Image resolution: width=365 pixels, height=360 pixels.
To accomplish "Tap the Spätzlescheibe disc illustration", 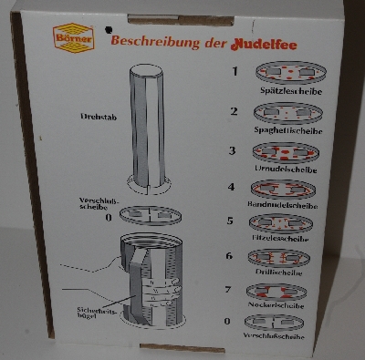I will pos(291,73).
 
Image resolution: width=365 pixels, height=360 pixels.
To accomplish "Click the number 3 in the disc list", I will pos(233,150).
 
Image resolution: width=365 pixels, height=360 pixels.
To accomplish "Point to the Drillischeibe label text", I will pos(291,273).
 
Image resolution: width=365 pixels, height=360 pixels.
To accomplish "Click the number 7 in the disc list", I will pos(233,290).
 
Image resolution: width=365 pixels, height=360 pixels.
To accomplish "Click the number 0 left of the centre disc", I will pos(109,217).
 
